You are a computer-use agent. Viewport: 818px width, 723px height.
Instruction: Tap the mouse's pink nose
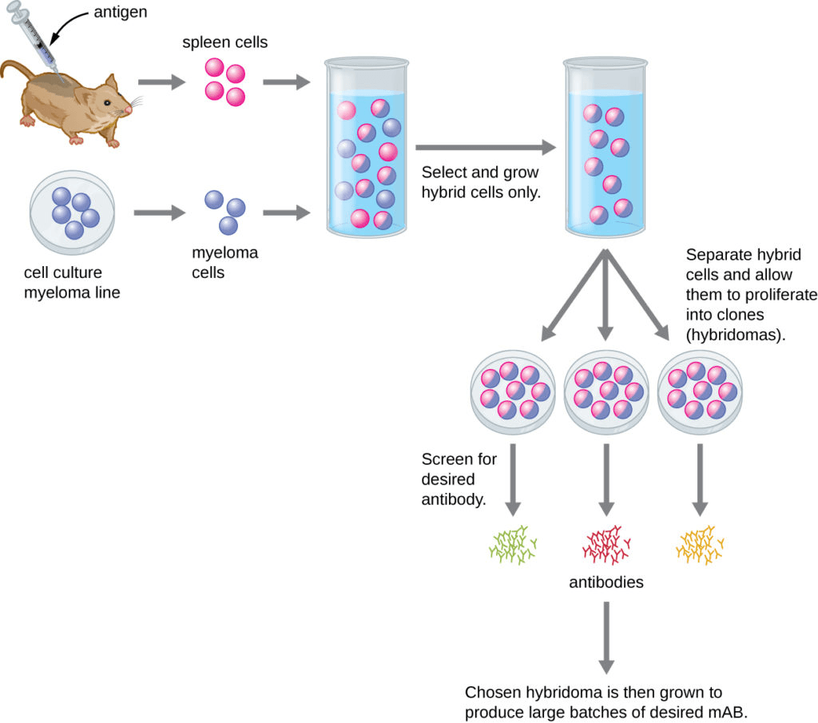coord(129,108)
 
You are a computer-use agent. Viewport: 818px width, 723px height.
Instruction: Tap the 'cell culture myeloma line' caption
coord(72,283)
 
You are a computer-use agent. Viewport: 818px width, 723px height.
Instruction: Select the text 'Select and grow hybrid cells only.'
coord(480,181)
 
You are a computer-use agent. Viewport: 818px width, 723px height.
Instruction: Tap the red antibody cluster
coord(606,544)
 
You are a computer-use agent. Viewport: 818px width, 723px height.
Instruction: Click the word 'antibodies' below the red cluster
coord(606,582)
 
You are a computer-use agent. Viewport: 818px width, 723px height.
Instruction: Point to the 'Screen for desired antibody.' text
coord(459,479)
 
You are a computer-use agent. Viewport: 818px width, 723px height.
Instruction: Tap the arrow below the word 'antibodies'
coord(606,636)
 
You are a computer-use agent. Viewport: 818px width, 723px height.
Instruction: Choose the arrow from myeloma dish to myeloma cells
coord(158,213)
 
